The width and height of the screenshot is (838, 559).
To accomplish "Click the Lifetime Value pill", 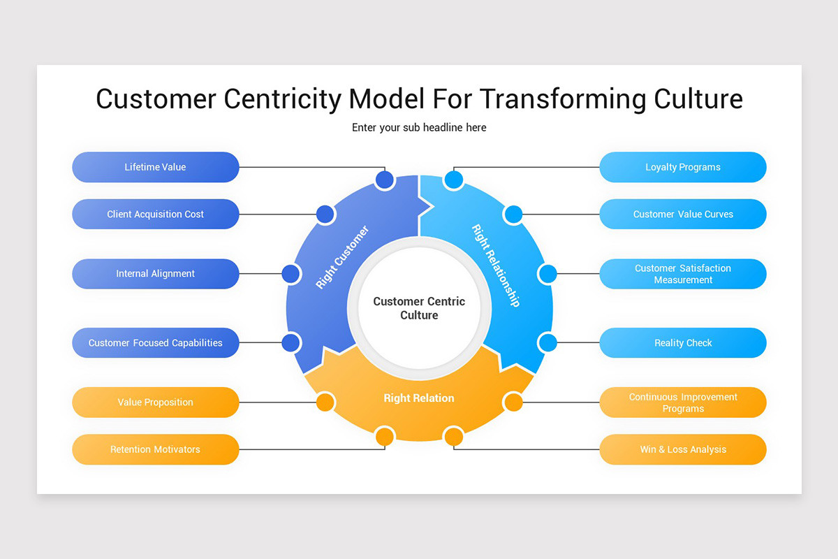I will (155, 167).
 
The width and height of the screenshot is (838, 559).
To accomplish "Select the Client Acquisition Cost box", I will (155, 215).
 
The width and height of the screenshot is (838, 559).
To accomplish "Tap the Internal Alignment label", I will (155, 274).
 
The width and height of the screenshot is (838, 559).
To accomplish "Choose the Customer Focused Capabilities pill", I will (155, 343).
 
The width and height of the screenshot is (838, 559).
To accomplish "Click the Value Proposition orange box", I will (155, 402).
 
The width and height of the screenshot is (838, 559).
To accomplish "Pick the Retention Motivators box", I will (155, 449).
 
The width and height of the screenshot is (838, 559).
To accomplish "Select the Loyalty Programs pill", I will (682, 167).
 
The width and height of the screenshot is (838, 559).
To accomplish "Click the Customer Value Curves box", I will (682, 215).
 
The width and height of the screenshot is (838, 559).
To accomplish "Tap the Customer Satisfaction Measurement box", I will (682, 274).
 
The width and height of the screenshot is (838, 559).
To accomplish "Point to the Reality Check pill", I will (682, 343).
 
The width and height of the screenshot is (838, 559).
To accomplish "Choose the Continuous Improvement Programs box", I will (682, 402).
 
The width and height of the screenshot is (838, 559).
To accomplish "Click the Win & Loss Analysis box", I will (682, 449).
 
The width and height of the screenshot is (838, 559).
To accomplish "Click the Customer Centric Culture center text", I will (419, 308).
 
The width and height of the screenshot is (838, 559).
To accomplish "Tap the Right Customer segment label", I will (342, 257).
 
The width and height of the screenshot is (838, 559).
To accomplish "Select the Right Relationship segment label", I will (496, 266).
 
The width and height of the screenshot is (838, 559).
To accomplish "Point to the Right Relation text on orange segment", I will (419, 398).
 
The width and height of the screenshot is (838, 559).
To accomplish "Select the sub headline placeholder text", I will (419, 128).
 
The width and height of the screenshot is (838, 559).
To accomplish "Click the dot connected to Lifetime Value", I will (385, 180).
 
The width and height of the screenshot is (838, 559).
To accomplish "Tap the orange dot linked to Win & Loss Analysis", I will (454, 437).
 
